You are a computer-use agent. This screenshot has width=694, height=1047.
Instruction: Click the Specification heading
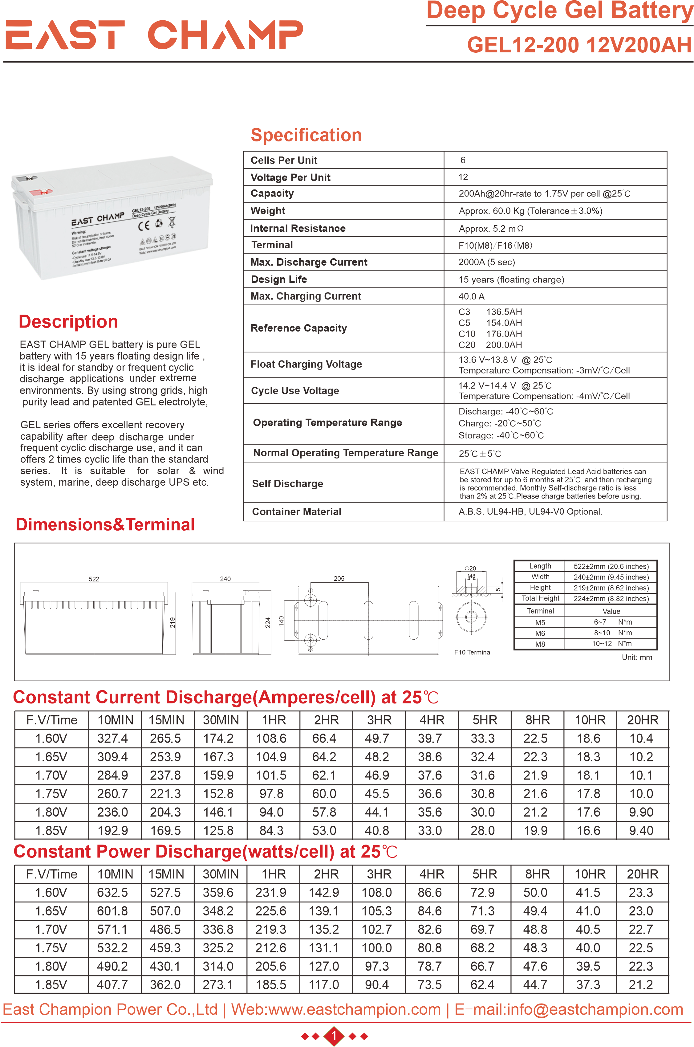click(306, 135)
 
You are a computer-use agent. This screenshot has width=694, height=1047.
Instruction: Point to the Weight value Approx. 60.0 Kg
click(530, 211)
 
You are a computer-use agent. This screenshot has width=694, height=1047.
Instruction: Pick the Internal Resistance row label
click(298, 228)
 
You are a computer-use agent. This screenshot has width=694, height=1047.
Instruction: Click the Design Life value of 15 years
click(511, 279)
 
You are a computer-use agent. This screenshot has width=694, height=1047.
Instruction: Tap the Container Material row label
click(297, 512)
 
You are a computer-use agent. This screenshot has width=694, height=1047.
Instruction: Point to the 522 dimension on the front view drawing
click(94, 579)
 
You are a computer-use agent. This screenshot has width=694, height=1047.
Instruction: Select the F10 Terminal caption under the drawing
click(473, 652)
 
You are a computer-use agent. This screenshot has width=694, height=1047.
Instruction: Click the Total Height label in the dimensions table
click(540, 599)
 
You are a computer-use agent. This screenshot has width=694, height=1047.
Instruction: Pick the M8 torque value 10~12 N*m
click(612, 644)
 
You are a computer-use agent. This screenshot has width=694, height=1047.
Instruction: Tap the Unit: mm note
click(637, 658)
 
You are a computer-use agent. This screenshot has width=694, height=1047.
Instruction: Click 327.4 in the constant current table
click(112, 739)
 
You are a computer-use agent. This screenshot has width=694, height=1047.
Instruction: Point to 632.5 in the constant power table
click(112, 893)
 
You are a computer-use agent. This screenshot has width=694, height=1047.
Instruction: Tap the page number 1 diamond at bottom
click(334, 1036)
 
